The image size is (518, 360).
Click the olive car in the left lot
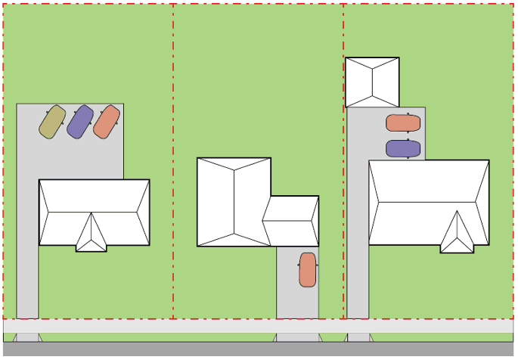click(x=52, y=122)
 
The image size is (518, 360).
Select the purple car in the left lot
click(x=79, y=122)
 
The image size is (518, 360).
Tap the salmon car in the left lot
click(x=107, y=122)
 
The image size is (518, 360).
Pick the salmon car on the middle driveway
click(x=307, y=270)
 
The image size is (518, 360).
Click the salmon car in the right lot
click(x=403, y=123)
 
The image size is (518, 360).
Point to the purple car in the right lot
click(x=403, y=148)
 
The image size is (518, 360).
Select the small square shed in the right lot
click(x=372, y=82)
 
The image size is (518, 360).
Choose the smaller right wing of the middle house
click(x=292, y=221)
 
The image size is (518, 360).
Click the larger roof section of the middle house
click(x=234, y=201)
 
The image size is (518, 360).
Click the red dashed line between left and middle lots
click(x=173, y=151)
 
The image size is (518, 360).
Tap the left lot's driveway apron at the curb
click(x=27, y=337)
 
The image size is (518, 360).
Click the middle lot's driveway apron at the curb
click(x=297, y=337)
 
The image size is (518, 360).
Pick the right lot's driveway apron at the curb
click(x=358, y=337)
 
